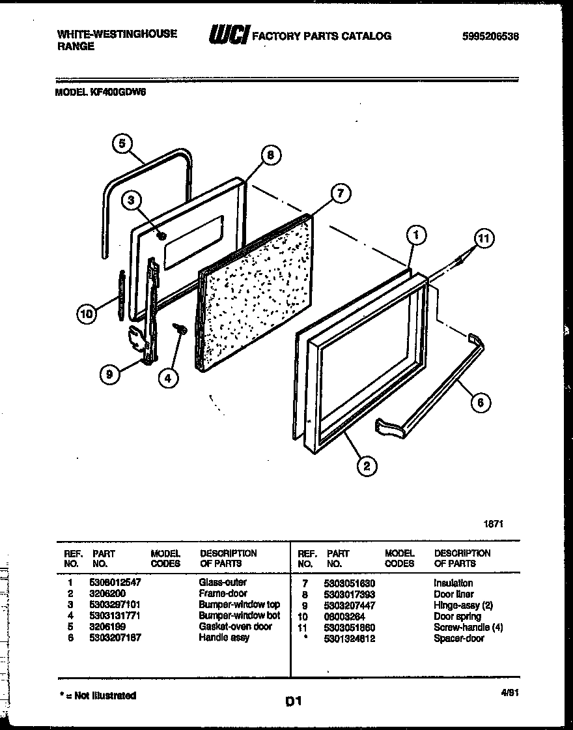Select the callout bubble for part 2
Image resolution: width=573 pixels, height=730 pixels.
(x=367, y=465)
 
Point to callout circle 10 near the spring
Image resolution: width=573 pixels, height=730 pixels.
(x=86, y=314)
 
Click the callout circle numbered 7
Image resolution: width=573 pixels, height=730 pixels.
(x=339, y=193)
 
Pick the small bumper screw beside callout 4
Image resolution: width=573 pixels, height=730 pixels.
(x=180, y=330)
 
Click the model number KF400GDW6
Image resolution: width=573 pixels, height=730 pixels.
(x=117, y=93)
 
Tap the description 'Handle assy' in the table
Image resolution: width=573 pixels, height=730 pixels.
(x=223, y=637)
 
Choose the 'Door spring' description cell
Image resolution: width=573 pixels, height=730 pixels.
(x=457, y=616)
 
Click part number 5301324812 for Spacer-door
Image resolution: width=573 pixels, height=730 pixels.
(x=349, y=638)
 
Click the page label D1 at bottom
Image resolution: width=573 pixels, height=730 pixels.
(x=293, y=701)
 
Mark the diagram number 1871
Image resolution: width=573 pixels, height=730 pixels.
(x=494, y=523)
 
